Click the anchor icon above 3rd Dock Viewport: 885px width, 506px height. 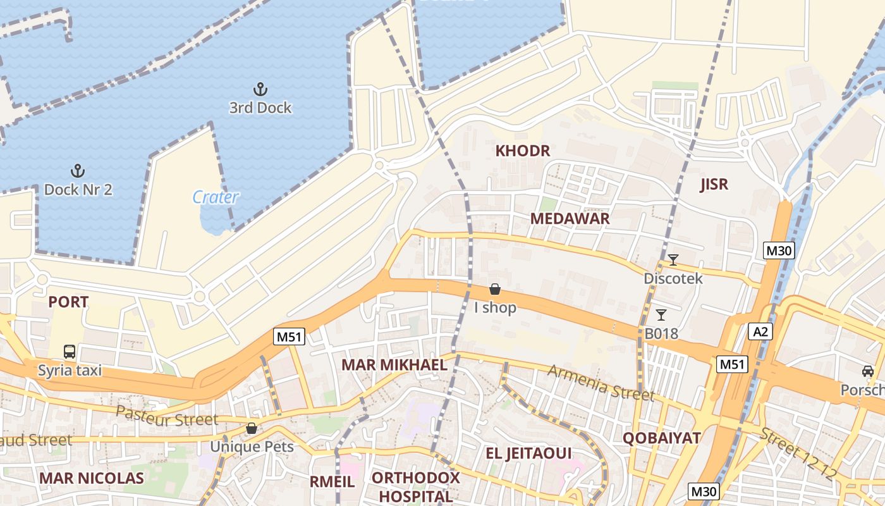click(260, 89)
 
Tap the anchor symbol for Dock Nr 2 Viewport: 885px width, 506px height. click(77, 170)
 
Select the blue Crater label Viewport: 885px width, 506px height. click(216, 197)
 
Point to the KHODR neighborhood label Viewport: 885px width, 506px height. click(522, 151)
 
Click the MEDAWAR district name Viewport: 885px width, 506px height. click(570, 219)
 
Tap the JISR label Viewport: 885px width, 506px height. click(714, 185)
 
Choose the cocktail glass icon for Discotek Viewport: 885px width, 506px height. click(673, 259)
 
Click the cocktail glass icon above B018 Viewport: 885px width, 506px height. click(661, 314)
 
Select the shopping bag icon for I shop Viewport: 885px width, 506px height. click(495, 290)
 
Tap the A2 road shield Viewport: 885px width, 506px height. click(760, 331)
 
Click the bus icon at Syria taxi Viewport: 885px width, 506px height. click(70, 352)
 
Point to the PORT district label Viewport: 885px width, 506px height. click(68, 302)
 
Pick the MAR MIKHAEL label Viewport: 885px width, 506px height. click(394, 365)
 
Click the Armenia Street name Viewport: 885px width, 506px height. click(600, 382)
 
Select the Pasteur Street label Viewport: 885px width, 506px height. click(167, 416)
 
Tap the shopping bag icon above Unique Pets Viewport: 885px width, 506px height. click(252, 428)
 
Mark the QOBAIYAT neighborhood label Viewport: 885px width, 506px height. click(661, 438)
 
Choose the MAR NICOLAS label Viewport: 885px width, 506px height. click(92, 478)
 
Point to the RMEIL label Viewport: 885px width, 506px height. click(332, 482)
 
